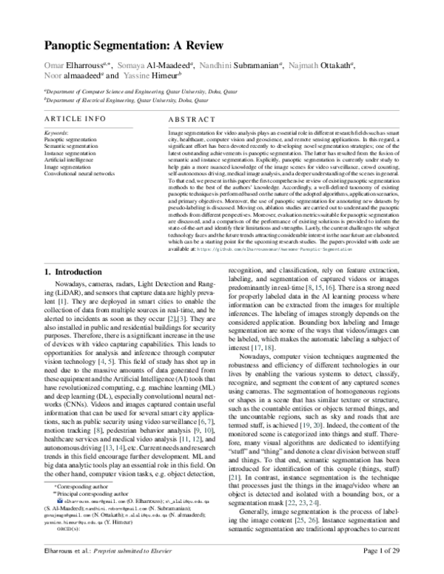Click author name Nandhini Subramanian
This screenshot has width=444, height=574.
(x=244, y=66)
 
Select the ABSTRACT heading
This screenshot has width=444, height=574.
(x=192, y=118)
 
